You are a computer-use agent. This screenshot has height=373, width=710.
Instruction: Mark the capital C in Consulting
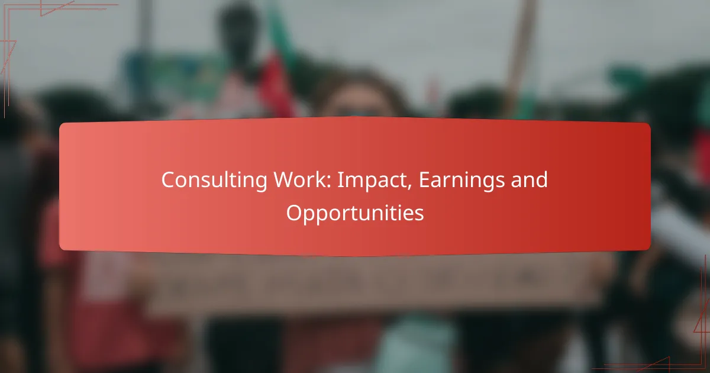click(x=168, y=181)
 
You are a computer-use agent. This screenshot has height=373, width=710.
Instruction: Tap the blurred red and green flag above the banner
click(x=278, y=77)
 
